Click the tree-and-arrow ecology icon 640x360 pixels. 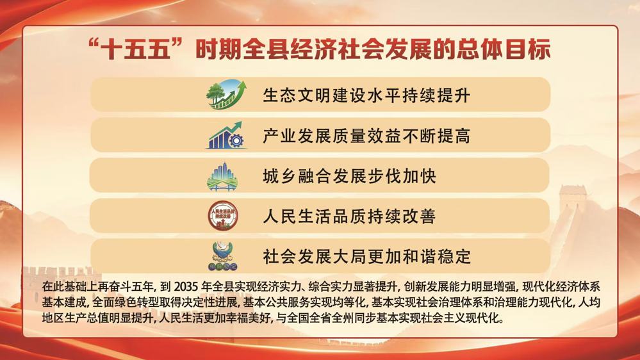[x=227, y=94]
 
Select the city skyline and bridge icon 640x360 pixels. [x=222, y=176]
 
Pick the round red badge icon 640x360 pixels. [x=223, y=215]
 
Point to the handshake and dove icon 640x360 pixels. [x=223, y=256]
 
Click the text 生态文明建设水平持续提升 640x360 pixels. [x=366, y=95]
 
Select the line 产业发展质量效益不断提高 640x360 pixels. [x=366, y=136]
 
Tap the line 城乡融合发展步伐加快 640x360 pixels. [x=349, y=176]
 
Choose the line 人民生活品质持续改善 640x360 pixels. [x=349, y=216]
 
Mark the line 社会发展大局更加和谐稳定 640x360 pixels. [x=366, y=256]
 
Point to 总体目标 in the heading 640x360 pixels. [x=504, y=49]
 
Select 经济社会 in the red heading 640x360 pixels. [x=337, y=49]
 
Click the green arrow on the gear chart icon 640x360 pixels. [x=231, y=129]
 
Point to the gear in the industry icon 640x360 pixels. [x=236, y=140]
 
